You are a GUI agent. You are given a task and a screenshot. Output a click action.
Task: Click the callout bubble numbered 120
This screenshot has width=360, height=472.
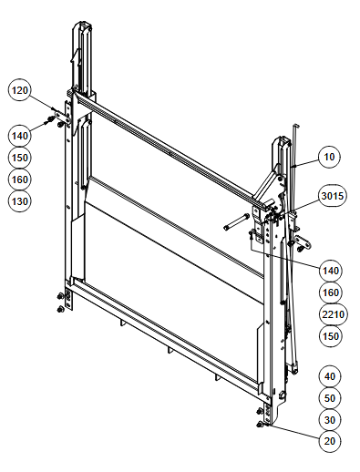pos(20,90)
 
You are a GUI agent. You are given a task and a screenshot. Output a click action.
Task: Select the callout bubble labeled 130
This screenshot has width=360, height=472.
pos(20,201)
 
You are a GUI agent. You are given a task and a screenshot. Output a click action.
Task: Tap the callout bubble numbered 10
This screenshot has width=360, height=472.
pos(329,157)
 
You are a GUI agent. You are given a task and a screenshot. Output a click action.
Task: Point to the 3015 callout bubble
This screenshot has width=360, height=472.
pos(333,196)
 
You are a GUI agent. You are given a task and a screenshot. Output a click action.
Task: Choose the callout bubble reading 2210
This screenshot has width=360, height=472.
pos(334,314)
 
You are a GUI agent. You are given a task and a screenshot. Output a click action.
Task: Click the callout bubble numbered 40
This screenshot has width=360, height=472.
pos(330,376)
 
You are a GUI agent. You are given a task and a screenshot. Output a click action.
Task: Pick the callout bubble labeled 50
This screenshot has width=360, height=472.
pos(330,398)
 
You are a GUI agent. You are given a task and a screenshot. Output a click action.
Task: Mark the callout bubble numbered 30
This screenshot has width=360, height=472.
pos(330,420)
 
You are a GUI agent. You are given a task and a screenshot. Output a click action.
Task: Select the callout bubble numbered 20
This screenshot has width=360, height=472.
pos(330,441)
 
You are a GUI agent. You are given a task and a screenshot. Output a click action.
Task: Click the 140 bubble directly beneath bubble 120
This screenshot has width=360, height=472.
pos(20,136)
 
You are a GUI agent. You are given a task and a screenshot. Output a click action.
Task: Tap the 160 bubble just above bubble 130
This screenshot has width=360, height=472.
pos(20,180)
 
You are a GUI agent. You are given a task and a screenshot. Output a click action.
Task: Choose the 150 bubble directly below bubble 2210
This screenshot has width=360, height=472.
pos(331,336)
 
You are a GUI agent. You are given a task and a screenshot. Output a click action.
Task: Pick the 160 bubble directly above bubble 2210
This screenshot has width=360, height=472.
pos(331,292)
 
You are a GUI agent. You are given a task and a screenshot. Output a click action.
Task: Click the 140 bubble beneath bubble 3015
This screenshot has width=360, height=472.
pos(331,271)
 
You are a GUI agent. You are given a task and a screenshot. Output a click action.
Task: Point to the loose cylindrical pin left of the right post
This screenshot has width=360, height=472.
pos(237,222)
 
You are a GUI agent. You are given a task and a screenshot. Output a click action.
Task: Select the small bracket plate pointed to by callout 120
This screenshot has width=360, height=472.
pos(63,118)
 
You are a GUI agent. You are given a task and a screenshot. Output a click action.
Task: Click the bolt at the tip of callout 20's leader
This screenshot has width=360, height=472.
pos(260,425)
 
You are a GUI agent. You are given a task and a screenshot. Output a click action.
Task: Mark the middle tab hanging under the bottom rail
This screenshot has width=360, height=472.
pos(169,350)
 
